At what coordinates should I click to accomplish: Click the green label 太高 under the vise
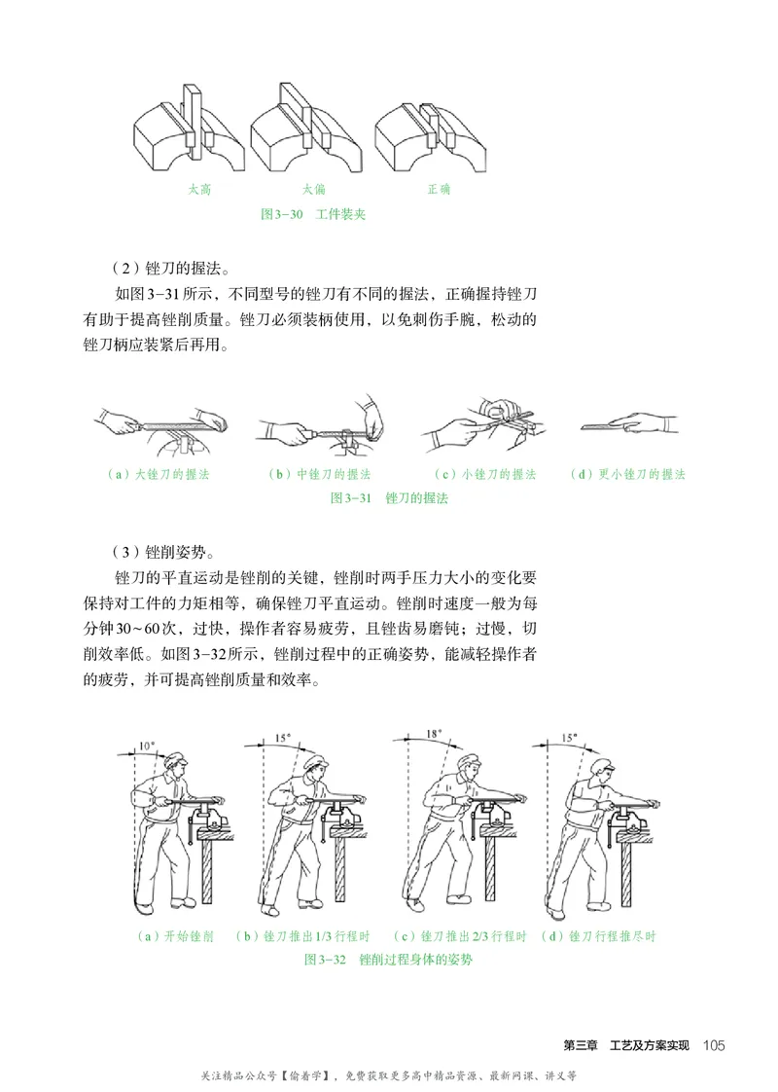click(x=198, y=189)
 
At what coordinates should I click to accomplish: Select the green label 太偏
click(x=313, y=189)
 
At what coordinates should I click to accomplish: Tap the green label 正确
click(x=439, y=189)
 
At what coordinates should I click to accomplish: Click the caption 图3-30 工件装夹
click(x=313, y=213)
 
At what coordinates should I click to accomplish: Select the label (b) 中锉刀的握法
click(x=318, y=475)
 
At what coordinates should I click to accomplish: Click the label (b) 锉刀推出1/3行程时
click(x=303, y=936)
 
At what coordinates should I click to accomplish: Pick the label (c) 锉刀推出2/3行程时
click(x=461, y=936)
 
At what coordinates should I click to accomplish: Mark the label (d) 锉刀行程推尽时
click(x=598, y=936)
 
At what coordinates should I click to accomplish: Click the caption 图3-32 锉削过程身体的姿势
click(x=389, y=959)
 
